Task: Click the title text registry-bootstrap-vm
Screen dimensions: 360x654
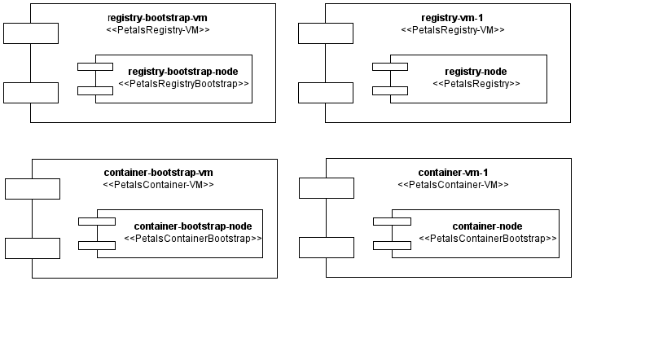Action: click(x=152, y=17)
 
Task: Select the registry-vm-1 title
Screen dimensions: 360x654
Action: click(x=453, y=17)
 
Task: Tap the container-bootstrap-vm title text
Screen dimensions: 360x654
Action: click(x=159, y=173)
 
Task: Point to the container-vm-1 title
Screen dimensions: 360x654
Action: click(x=453, y=173)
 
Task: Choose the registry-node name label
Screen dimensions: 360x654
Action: click(x=476, y=71)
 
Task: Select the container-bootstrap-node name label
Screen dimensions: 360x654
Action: click(x=193, y=226)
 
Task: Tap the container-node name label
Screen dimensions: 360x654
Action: click(x=487, y=226)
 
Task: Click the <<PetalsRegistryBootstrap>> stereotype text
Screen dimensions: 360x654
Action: click(x=183, y=84)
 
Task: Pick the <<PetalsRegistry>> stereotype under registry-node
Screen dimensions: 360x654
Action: click(x=476, y=84)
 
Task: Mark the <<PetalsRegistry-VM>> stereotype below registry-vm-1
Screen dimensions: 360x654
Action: click(x=453, y=30)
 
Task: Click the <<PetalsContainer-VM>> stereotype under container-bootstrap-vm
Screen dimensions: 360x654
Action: click(x=159, y=185)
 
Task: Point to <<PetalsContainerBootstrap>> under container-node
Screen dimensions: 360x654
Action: click(x=487, y=239)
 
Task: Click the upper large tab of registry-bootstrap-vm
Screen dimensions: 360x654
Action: click(x=31, y=33)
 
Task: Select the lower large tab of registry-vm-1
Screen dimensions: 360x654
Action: click(x=326, y=93)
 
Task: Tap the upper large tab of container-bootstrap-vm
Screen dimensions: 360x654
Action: click(x=33, y=189)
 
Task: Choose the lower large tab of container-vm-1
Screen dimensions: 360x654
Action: click(x=327, y=248)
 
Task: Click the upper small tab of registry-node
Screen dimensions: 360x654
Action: click(x=391, y=66)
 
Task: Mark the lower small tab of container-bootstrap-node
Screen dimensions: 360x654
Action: click(x=96, y=245)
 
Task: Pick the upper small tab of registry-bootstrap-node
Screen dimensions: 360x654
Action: click(x=95, y=66)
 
